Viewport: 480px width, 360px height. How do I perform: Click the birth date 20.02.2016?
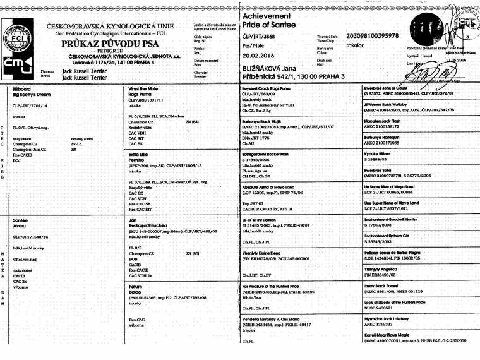[x=263, y=55]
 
